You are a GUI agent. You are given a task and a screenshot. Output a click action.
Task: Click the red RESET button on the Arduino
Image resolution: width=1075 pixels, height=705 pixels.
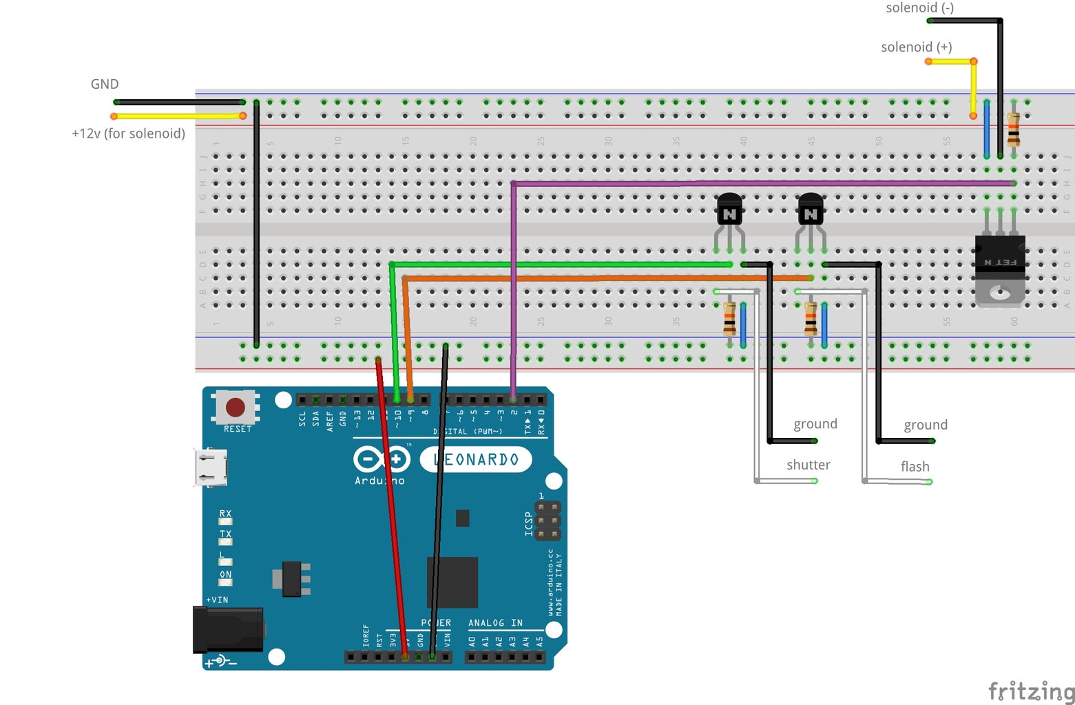(236, 407)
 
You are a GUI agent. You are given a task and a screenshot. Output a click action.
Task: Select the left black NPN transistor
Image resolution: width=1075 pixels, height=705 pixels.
(729, 210)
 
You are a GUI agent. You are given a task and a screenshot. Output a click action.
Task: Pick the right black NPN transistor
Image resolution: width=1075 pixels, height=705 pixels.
(811, 210)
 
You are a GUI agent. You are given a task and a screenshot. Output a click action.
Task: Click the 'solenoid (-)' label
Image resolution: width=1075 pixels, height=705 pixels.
(919, 8)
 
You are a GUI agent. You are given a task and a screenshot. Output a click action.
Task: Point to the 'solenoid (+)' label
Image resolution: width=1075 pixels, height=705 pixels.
(916, 47)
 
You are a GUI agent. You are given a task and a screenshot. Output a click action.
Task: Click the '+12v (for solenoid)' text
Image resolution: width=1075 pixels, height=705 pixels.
(128, 134)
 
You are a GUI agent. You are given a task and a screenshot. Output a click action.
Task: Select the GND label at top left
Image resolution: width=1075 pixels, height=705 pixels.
(105, 84)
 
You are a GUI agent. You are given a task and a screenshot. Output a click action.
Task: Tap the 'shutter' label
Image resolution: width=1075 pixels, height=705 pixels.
(808, 465)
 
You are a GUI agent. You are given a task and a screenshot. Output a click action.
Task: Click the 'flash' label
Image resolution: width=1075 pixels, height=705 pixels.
(915, 467)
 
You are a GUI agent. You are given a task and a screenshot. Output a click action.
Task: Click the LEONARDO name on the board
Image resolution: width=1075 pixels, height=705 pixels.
(476, 459)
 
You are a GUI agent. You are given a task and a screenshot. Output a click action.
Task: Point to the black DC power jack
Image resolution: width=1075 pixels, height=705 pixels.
(228, 629)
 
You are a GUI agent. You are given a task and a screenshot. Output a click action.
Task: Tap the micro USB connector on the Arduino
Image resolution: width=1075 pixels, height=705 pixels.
(211, 467)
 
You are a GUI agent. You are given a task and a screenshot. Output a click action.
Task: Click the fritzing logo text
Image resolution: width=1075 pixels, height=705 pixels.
(1030, 691)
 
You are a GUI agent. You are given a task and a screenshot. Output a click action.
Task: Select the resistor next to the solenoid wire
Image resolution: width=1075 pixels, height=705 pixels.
(1013, 129)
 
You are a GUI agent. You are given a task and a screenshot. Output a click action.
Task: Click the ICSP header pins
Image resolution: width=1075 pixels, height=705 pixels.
(547, 521)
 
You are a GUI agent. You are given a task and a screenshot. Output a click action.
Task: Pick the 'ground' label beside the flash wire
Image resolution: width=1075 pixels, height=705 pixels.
(926, 425)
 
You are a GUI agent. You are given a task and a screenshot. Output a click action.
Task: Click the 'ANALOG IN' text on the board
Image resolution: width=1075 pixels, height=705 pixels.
(495, 623)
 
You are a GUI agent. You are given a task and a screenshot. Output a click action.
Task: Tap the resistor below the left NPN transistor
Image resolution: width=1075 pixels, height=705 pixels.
(729, 319)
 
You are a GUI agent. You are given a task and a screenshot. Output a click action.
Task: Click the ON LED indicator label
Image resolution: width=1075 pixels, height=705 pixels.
(225, 575)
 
